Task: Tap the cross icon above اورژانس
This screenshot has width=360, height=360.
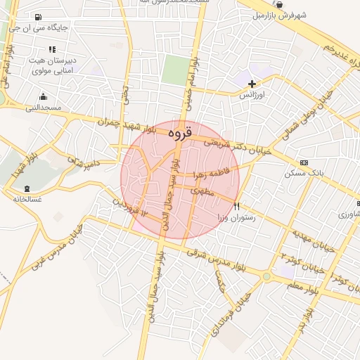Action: [x=252, y=84]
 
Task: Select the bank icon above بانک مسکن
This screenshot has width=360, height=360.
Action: [x=303, y=162]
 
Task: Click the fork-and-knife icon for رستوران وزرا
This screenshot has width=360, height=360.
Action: [x=236, y=206]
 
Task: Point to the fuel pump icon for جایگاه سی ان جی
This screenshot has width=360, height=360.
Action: [x=37, y=17]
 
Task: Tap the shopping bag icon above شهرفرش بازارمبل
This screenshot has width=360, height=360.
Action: [x=280, y=4]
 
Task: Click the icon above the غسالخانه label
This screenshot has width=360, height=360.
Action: [x=27, y=188]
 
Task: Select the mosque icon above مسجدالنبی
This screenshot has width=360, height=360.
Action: [x=44, y=97]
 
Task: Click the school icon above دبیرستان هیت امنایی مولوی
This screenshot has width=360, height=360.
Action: [x=51, y=49]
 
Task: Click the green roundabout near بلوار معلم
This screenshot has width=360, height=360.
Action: [x=266, y=277]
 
